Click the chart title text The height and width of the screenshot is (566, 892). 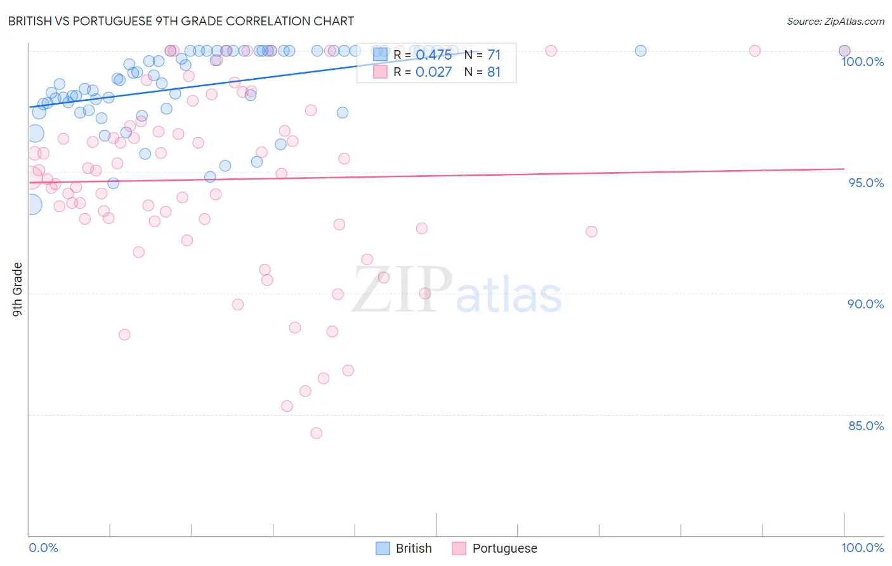(x=181, y=21)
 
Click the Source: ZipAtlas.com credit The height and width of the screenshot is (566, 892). (x=835, y=21)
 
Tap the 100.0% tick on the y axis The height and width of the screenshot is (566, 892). (x=862, y=62)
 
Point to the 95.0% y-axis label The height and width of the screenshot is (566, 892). (x=866, y=183)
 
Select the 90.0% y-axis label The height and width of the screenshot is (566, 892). (x=865, y=304)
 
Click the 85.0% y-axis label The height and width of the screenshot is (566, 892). (x=866, y=426)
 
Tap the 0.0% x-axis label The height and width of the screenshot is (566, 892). (x=43, y=548)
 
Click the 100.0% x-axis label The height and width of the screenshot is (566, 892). (x=862, y=548)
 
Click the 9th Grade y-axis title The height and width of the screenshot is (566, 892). (x=17, y=289)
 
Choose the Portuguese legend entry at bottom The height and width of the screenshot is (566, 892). (x=494, y=548)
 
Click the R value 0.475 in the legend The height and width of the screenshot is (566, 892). (x=433, y=55)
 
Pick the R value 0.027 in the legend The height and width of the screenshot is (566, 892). (x=433, y=72)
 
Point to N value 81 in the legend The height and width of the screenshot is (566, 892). (x=494, y=72)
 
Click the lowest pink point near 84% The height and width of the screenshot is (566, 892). (x=317, y=433)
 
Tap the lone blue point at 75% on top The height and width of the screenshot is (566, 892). (x=641, y=51)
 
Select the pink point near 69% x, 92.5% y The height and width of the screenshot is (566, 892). (x=591, y=232)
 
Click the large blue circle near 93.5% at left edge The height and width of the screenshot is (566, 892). (x=32, y=204)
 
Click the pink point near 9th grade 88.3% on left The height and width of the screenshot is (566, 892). (x=124, y=334)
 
